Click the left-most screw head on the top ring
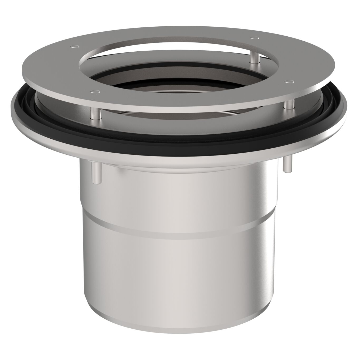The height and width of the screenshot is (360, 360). (74, 47)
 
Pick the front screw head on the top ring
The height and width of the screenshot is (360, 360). (95, 91)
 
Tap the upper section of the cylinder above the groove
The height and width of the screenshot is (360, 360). (179, 195)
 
